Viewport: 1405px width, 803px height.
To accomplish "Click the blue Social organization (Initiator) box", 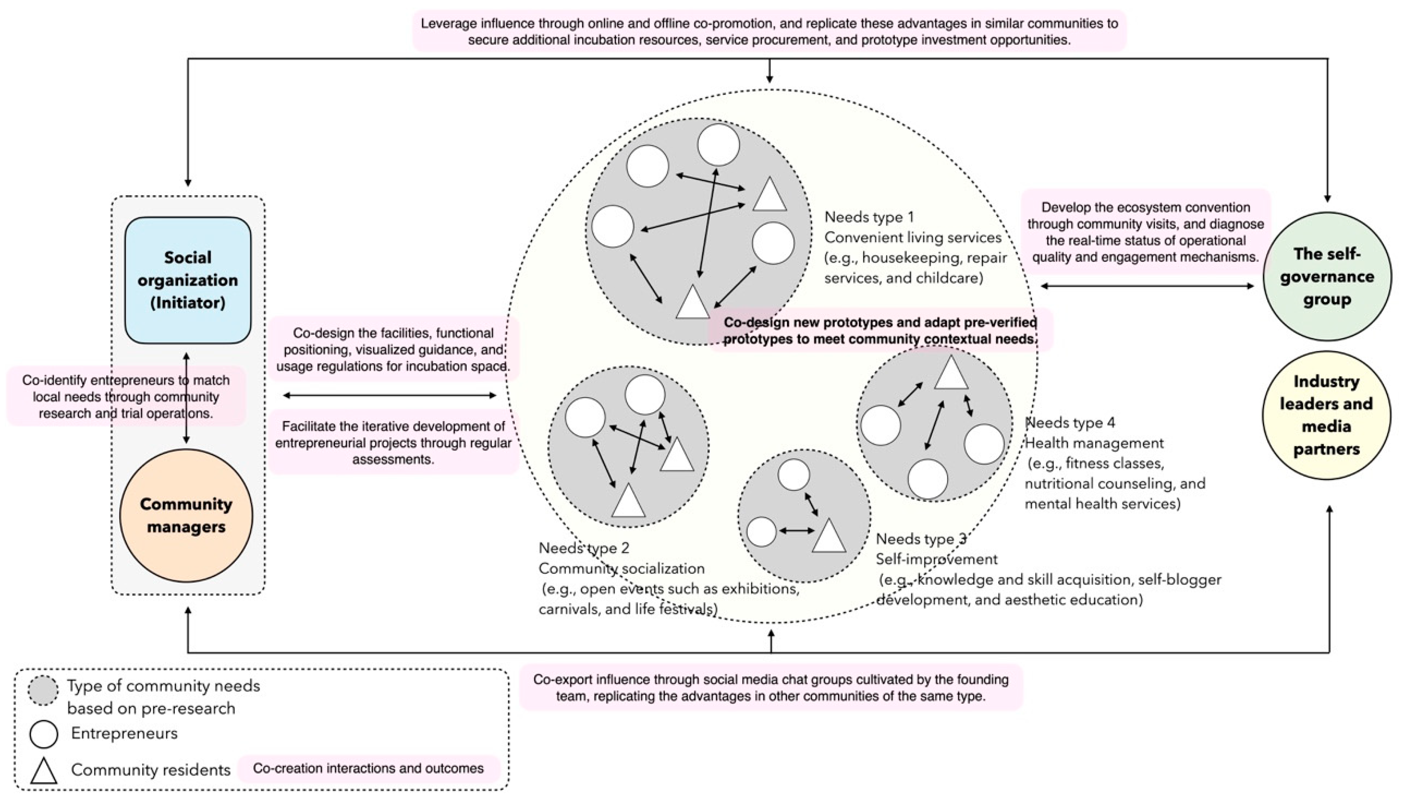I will pos(188,280).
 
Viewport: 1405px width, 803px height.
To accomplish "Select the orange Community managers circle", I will pos(186,515).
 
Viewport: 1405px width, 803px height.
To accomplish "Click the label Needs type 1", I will pos(869,217).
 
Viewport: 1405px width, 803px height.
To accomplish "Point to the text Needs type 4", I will pos(1070,423).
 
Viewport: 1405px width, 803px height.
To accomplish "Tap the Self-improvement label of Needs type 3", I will pos(937,559).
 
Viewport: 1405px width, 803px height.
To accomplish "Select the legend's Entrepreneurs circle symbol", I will pos(44,734).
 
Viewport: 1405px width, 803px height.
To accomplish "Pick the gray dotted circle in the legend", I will pos(43,690).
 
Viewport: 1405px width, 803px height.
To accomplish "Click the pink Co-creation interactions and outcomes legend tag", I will pos(368,768).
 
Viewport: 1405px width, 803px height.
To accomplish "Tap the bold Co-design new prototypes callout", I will pos(880,330).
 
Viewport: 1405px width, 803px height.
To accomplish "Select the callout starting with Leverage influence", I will pos(769,32).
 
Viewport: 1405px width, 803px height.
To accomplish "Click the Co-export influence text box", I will pos(771,688).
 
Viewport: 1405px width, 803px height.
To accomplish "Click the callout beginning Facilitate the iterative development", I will pos(393,442).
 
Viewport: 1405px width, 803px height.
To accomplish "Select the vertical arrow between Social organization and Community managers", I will pos(186,398).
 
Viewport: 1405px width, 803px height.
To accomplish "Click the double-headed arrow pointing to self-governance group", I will pos(1147,286).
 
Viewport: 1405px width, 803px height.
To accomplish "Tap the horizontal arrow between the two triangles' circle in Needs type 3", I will pos(797,531).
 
